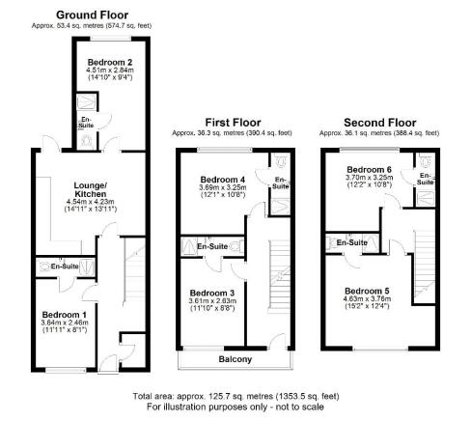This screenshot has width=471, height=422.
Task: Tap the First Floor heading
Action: point(234,121)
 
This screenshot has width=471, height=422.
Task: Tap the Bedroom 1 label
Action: point(65,315)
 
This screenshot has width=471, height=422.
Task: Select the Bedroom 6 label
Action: point(371,168)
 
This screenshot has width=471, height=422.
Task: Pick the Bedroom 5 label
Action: point(369,290)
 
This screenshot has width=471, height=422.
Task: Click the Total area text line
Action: point(234,397)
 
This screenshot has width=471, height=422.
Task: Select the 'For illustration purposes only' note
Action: point(234,408)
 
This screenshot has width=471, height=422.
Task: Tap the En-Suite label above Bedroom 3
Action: point(212,247)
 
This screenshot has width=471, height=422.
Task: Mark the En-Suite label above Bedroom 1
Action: point(66,265)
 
